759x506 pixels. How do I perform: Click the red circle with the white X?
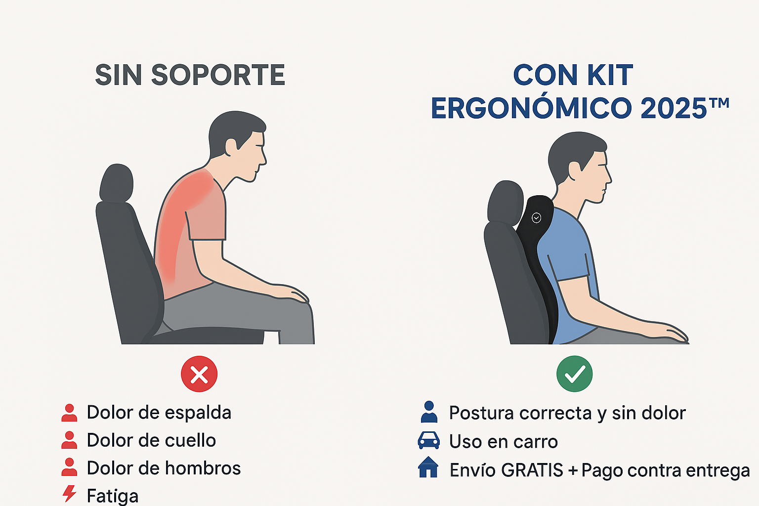199,374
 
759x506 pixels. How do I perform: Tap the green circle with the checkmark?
574,374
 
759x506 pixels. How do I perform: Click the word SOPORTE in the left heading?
218,75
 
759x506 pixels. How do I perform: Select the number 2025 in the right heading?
674,108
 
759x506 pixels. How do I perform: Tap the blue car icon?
428,441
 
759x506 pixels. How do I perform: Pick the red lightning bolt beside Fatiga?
70,494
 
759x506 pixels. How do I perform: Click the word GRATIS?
532,470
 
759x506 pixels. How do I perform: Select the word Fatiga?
113,496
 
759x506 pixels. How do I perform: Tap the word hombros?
203,468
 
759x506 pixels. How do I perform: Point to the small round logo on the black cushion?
536,218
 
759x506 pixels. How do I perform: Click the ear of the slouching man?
231,147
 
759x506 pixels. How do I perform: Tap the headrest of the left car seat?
117,183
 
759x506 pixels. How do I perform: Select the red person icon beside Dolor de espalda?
70,413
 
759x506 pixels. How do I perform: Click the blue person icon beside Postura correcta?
429,412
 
